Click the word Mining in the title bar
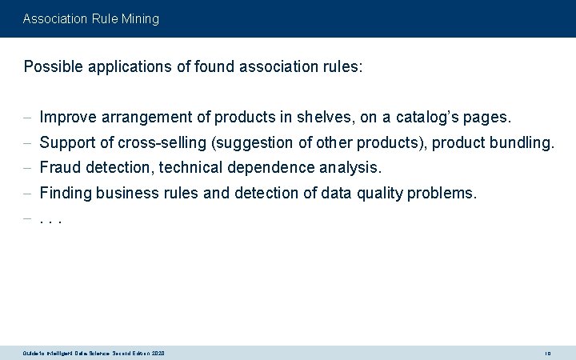138,18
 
